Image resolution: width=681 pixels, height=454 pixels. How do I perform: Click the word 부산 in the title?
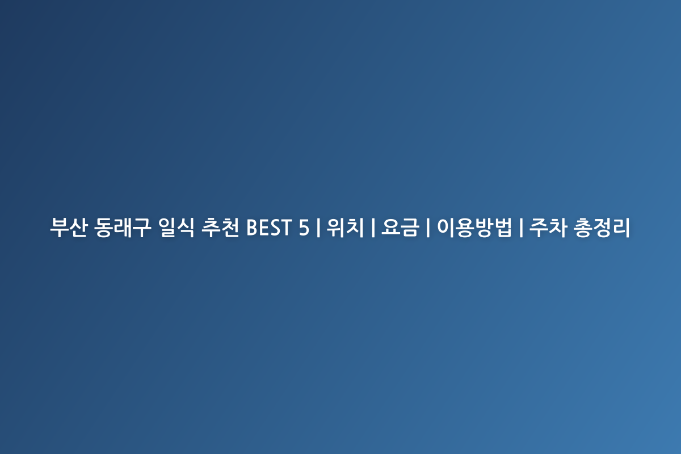click(x=69, y=227)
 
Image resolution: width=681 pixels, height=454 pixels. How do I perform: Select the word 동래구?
click(x=123, y=227)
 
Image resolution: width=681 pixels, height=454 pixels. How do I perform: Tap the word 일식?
click(x=176, y=227)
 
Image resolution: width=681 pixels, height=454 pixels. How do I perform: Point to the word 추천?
click(x=220, y=227)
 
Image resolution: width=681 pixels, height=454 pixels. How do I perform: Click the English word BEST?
click(x=269, y=228)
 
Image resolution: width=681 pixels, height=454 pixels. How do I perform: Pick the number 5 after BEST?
click(x=304, y=228)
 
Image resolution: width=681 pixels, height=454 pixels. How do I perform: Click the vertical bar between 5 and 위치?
click(x=318, y=228)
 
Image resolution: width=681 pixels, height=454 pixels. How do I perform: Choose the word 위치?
click(x=345, y=227)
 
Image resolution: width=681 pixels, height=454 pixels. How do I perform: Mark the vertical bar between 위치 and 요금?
click(x=373, y=228)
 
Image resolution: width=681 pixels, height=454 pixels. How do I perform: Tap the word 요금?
click(x=400, y=227)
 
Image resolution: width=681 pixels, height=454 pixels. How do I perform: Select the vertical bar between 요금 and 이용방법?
click(x=428, y=228)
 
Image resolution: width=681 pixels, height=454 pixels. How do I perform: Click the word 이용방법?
click(x=474, y=227)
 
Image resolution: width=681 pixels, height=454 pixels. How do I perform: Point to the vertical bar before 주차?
click(x=521, y=228)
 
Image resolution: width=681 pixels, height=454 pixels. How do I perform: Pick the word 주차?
click(x=548, y=227)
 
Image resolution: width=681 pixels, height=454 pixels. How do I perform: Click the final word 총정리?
click(x=602, y=227)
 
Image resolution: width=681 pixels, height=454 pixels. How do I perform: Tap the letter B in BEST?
click(x=253, y=228)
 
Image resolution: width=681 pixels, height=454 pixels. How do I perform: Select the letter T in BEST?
click(x=286, y=228)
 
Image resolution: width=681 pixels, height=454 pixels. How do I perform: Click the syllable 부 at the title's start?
click(x=59, y=227)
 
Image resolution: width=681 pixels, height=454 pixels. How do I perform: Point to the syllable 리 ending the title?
click(x=621, y=227)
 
